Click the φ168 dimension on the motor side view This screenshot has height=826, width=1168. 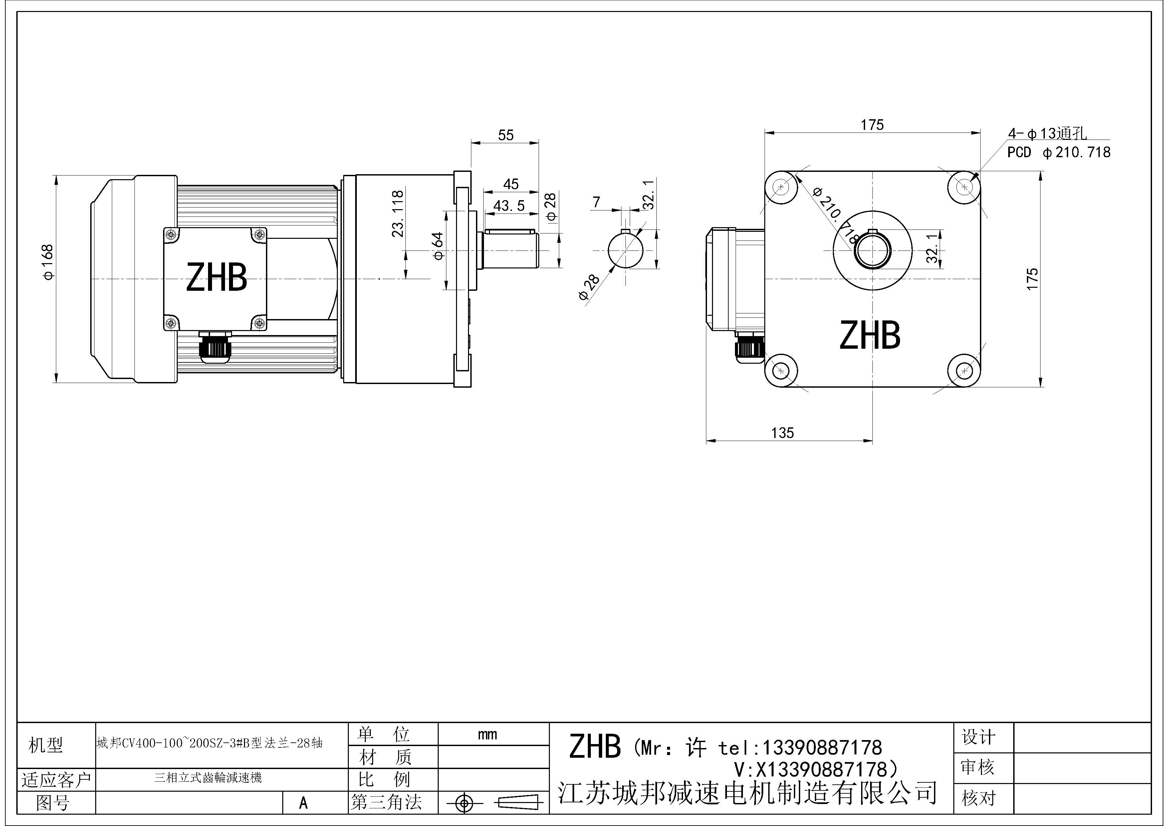pyautogui.click(x=48, y=262)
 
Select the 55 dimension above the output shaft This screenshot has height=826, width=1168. pyautogui.click(x=506, y=135)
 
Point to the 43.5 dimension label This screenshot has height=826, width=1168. pyautogui.click(x=509, y=206)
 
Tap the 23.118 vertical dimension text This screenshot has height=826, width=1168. pyautogui.click(x=398, y=214)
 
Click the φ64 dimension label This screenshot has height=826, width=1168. pyautogui.click(x=437, y=246)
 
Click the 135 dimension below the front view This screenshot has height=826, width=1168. pyautogui.click(x=783, y=433)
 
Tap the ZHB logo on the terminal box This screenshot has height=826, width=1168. pyautogui.click(x=217, y=277)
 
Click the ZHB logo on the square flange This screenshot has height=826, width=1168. pyautogui.click(x=870, y=335)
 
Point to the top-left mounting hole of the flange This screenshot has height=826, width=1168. pyautogui.click(x=781, y=187)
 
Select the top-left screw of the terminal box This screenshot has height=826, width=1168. pyautogui.click(x=171, y=234)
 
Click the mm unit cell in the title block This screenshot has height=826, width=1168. pyautogui.click(x=487, y=735)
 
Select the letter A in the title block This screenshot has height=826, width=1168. pyautogui.click(x=303, y=803)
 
